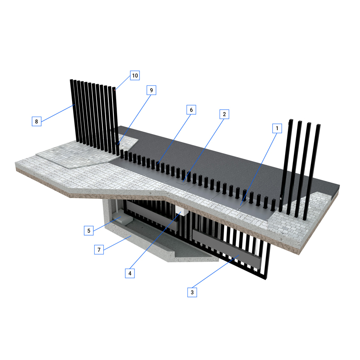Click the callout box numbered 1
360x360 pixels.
(277, 128)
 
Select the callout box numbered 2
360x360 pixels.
(224, 114)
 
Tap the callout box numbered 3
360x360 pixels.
(192, 292)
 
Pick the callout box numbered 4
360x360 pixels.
(130, 273)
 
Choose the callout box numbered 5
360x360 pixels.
(89, 231)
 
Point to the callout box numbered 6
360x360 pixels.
(191, 110)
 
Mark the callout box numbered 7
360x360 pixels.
(99, 249)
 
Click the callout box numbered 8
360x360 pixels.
(37, 121)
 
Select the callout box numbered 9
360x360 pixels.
(152, 90)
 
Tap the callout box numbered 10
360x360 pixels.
(135, 75)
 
